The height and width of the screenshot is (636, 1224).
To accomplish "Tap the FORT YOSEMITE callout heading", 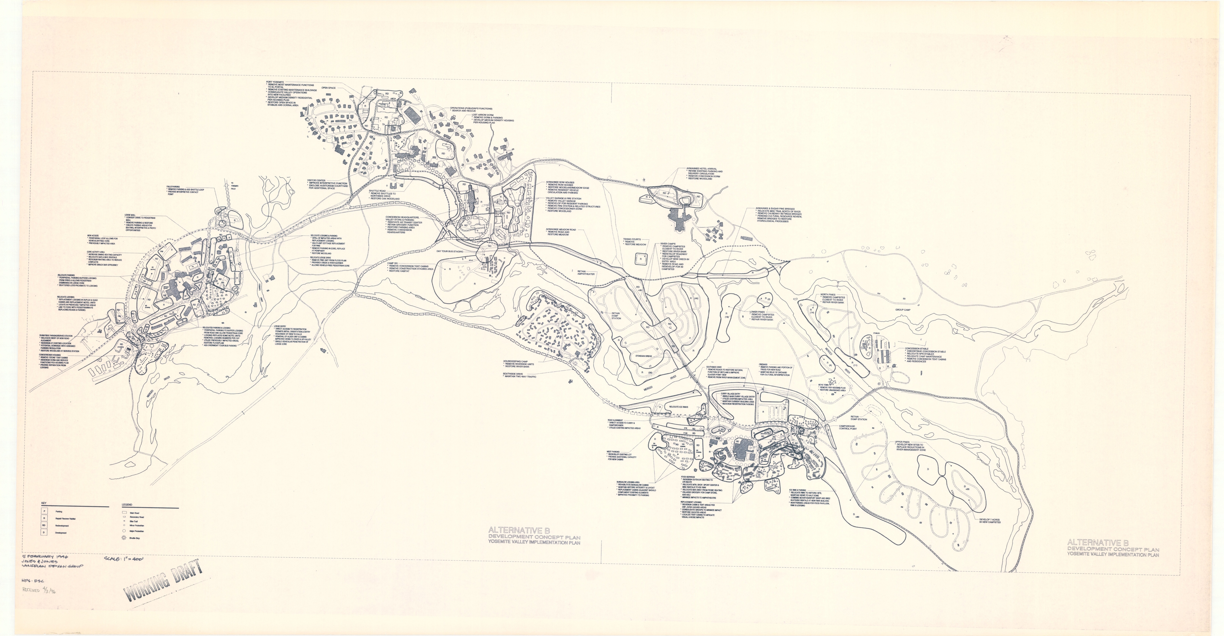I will [275, 82].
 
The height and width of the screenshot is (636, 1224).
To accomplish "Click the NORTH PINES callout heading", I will [828, 295].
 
